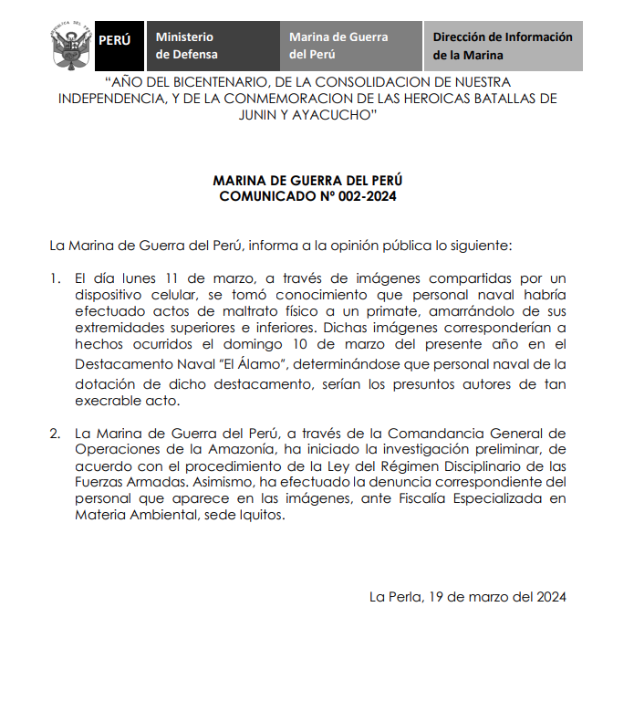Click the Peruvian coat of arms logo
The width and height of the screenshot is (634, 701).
click(x=69, y=47)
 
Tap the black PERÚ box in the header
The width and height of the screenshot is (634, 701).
click(x=114, y=41)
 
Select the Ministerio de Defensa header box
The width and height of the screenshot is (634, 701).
click(x=212, y=46)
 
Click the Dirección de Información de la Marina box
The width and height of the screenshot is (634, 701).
click(x=503, y=46)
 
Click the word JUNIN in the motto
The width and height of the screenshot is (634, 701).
click(x=264, y=116)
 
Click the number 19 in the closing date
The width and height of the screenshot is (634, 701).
click(x=435, y=597)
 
